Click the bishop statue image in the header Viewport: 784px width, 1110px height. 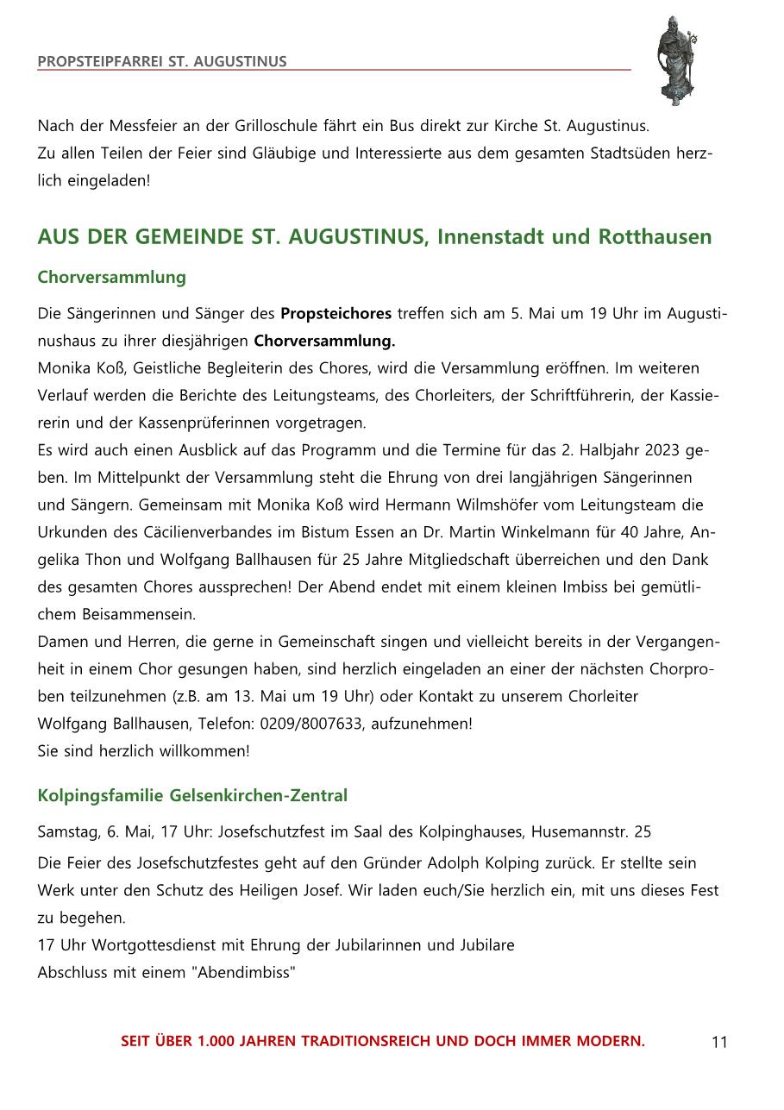676,60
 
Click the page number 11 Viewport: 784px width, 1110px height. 719,1043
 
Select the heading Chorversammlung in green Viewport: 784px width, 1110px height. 111,278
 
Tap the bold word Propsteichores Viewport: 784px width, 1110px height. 336,313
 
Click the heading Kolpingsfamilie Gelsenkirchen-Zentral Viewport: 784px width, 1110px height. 192,795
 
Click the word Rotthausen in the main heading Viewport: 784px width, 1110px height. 662,236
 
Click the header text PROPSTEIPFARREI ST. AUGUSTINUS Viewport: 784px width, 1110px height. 162,62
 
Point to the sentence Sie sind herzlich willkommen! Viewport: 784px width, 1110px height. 143,751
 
